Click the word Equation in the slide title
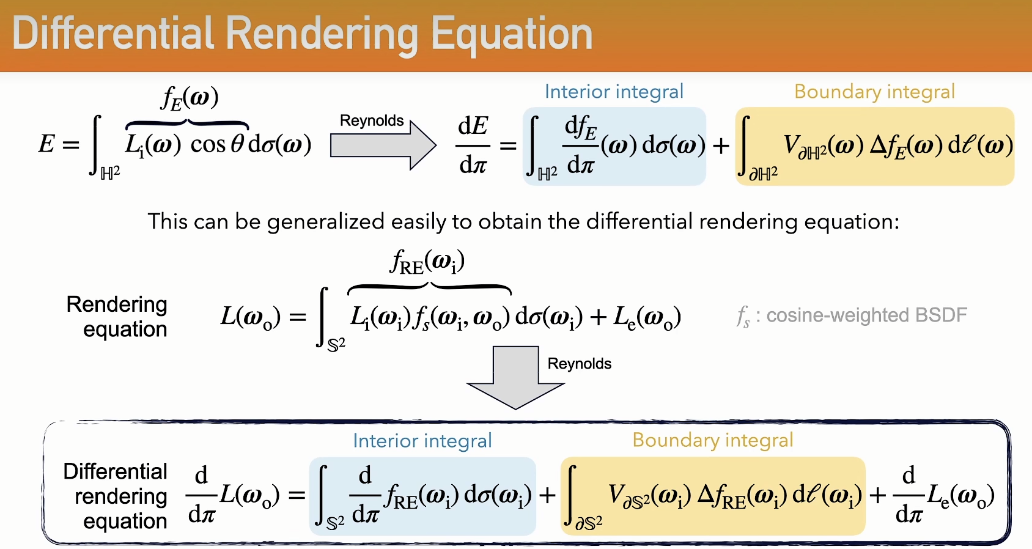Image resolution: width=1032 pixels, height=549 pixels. (x=512, y=35)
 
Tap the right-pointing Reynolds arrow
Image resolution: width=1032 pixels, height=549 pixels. (x=383, y=146)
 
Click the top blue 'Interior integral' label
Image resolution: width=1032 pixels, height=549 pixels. (x=614, y=92)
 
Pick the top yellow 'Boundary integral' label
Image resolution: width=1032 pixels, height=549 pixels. (x=874, y=92)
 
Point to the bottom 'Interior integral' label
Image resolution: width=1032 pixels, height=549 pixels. (x=422, y=441)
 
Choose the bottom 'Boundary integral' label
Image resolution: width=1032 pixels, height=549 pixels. (x=713, y=440)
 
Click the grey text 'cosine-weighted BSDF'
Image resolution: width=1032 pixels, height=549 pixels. (x=866, y=315)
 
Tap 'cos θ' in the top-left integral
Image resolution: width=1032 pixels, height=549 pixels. (x=217, y=144)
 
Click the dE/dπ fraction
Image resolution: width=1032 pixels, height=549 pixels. (x=473, y=146)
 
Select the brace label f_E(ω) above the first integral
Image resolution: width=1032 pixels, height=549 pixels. (x=190, y=98)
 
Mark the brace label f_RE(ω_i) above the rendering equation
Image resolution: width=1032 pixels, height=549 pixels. (x=427, y=262)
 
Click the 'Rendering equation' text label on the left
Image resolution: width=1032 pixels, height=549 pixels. (x=117, y=317)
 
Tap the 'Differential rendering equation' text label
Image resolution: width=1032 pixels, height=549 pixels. (x=116, y=496)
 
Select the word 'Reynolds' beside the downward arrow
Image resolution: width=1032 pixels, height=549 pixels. (x=579, y=364)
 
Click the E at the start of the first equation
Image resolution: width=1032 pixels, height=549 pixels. (x=46, y=144)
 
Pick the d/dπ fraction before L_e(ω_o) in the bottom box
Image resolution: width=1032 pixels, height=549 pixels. (x=909, y=495)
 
